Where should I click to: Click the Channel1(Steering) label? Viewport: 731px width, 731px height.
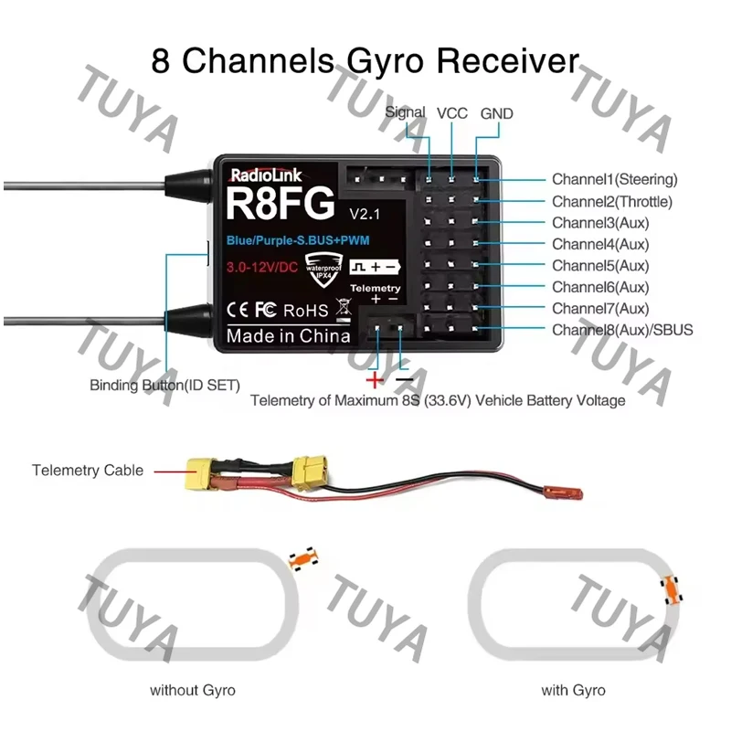coord(614,179)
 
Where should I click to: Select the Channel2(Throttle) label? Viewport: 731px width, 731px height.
coord(612,202)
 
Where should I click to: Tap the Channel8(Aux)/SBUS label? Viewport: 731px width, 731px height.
coord(622,330)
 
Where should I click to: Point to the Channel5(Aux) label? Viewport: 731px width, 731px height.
coord(600,266)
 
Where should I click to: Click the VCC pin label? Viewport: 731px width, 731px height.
coord(451,113)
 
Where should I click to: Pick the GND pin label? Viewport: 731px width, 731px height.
coord(496,113)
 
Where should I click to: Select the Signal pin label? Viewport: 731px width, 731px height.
coord(405,112)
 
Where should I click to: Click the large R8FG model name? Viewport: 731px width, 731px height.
coord(281,204)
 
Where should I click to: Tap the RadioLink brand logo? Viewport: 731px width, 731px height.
coord(266,175)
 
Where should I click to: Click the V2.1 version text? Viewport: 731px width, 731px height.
coord(365,214)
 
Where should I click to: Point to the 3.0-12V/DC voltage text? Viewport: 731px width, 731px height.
coord(262,267)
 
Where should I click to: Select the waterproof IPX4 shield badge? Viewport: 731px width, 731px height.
coord(323,269)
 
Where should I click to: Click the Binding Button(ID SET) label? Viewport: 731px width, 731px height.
coord(164,386)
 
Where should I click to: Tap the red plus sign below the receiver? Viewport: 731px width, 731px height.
coord(375,380)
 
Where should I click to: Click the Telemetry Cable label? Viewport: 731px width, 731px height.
coord(88,471)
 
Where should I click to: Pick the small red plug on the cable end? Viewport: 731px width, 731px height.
coord(563,493)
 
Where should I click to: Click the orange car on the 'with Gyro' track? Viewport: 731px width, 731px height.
coord(672,589)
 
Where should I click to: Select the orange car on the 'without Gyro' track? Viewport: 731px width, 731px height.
coord(303,558)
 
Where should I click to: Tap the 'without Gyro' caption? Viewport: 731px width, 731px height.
coord(193,690)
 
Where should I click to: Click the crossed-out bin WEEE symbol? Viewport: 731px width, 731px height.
coord(344,310)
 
